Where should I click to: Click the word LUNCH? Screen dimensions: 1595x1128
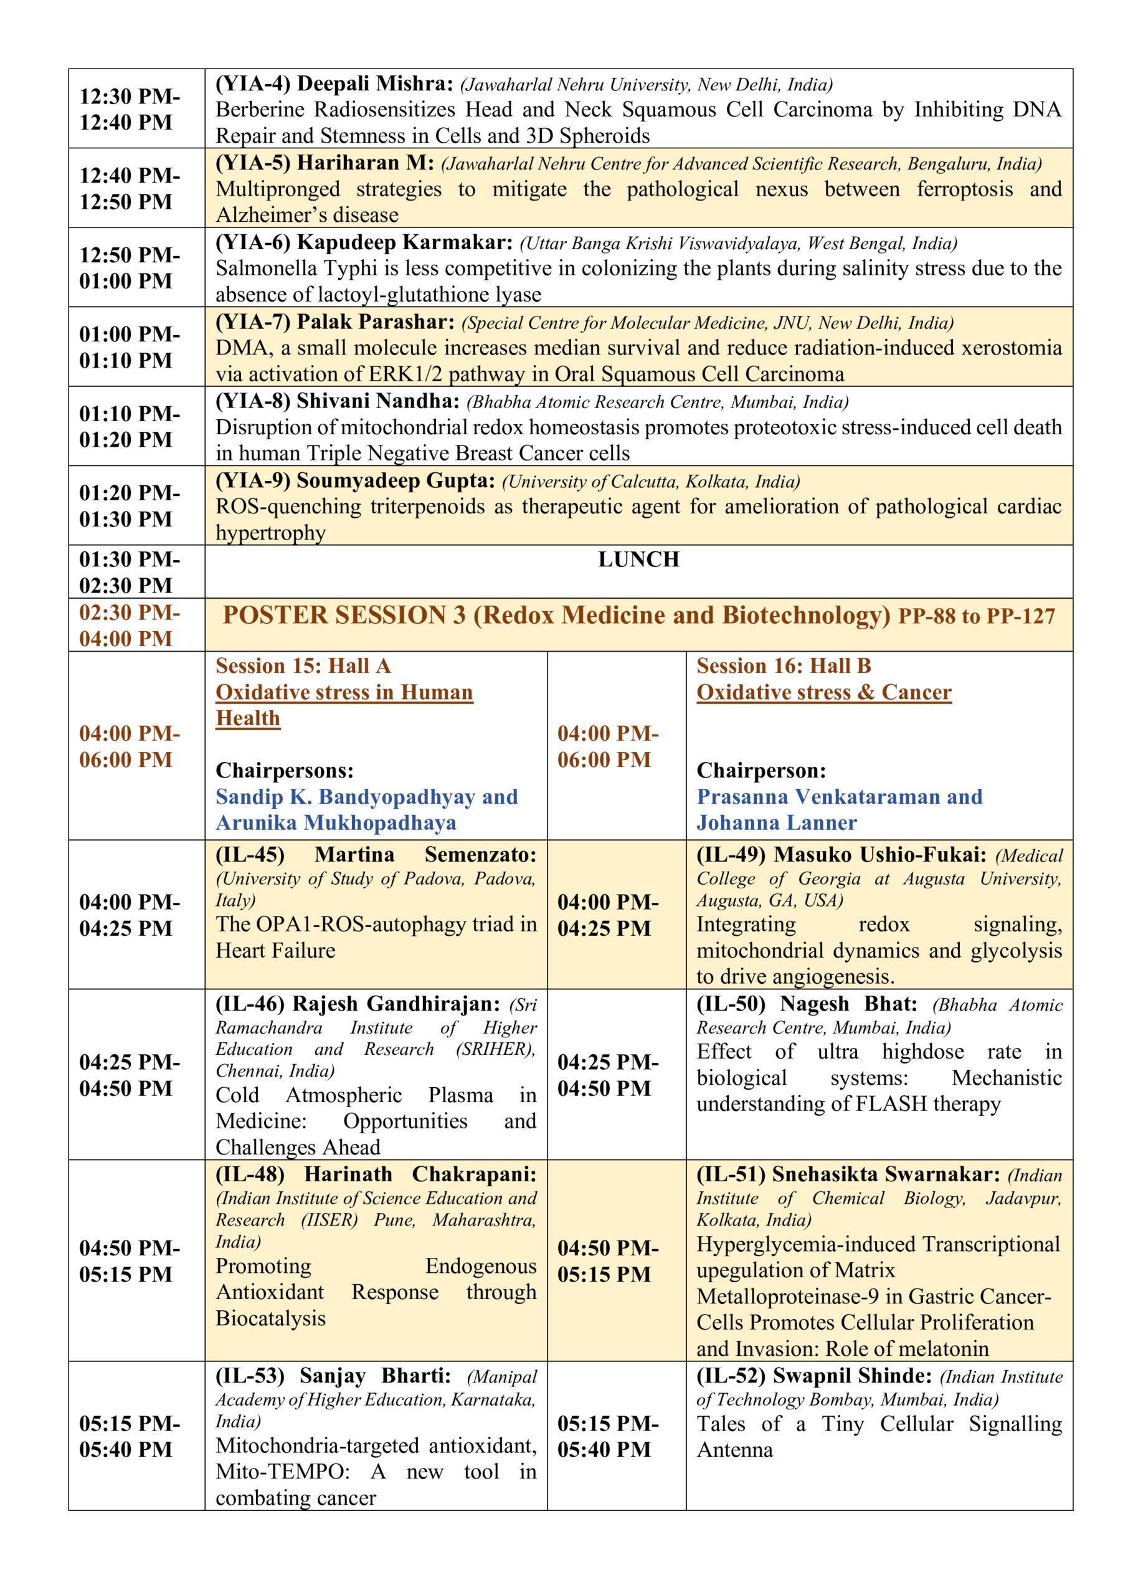[638, 559]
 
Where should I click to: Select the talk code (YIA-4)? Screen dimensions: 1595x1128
[253, 84]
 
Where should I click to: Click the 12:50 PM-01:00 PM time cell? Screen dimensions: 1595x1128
[129, 267]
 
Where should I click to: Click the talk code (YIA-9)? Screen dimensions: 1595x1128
[253, 481]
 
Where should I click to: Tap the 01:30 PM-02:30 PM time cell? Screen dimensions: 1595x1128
[129, 572]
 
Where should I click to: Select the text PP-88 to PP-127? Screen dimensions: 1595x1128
[977, 616]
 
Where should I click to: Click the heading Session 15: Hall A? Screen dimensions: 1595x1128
[303, 666]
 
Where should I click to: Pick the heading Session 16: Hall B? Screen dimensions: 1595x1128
[784, 666]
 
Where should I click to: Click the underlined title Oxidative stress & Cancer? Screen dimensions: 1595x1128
[824, 693]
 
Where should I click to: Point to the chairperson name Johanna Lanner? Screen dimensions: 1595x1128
[777, 823]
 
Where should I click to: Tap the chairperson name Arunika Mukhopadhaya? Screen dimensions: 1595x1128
[336, 823]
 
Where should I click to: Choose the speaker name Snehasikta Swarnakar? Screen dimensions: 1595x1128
[886, 1174]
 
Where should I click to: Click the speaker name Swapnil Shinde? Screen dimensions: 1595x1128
[852, 1376]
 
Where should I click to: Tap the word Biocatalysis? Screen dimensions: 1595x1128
[270, 1318]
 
